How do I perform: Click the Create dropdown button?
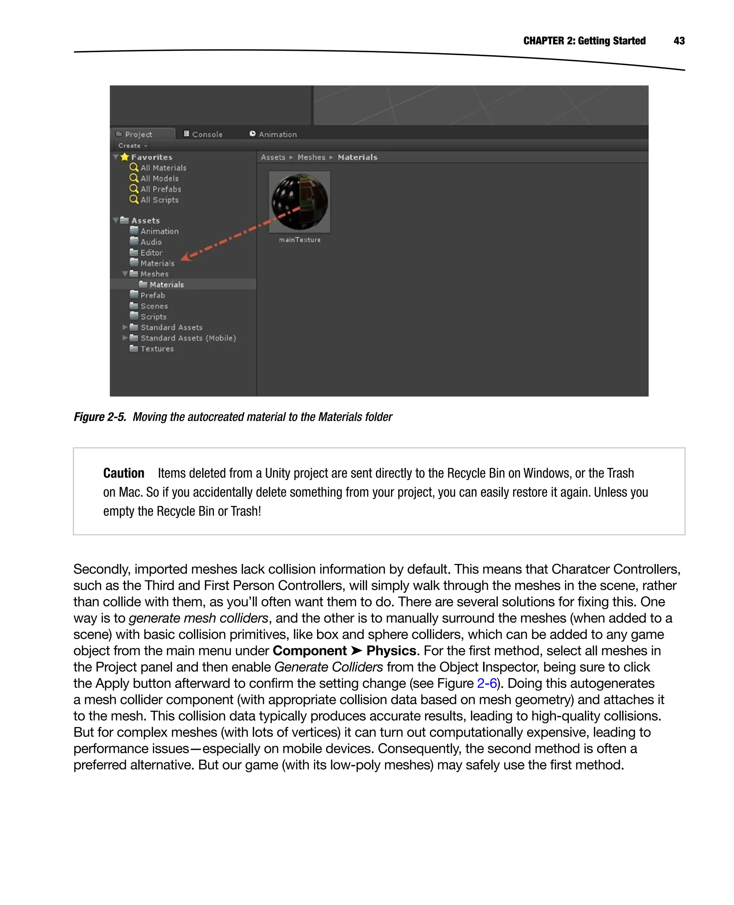(x=132, y=145)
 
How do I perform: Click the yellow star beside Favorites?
(x=124, y=157)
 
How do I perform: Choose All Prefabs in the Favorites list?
(x=160, y=189)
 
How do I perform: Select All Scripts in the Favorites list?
(x=159, y=200)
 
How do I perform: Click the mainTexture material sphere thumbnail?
(x=299, y=201)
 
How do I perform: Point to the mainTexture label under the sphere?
(x=299, y=240)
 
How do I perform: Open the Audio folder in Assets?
(x=151, y=242)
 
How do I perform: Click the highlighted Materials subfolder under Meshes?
(x=166, y=284)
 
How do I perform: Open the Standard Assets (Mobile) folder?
(x=188, y=338)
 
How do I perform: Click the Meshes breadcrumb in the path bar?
(x=311, y=157)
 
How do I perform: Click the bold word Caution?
(x=123, y=473)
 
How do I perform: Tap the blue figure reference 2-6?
(x=487, y=683)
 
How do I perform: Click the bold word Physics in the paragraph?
(x=391, y=651)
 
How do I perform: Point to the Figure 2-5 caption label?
(x=100, y=417)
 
